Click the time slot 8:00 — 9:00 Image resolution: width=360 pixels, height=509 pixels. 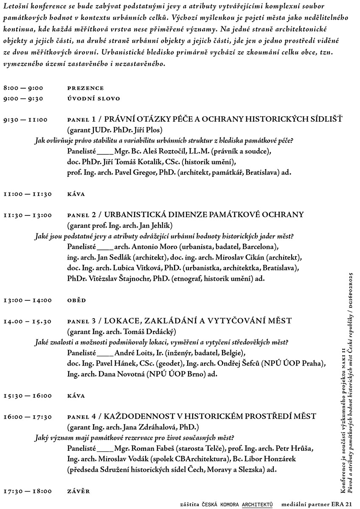(23, 88)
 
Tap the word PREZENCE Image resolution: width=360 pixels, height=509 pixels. (85, 88)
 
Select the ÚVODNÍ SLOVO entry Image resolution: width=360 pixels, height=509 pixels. (93, 99)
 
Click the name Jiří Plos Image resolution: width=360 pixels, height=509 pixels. (149, 130)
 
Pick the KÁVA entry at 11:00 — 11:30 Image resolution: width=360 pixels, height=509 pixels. (76, 194)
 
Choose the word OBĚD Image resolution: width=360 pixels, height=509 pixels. (76, 300)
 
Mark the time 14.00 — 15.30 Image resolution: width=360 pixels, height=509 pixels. (28, 322)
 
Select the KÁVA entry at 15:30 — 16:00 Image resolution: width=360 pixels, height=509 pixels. (76, 396)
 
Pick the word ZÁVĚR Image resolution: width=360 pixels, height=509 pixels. (79, 492)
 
